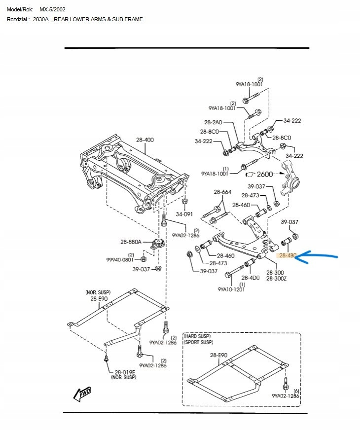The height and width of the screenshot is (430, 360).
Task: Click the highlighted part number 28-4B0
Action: coord(288,255)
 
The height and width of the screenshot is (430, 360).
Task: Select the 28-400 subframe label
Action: coord(144,140)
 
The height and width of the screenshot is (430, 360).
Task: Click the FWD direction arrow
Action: coord(81,393)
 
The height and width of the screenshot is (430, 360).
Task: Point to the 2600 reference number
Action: coord(264,174)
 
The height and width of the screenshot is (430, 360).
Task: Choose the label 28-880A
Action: coord(131,242)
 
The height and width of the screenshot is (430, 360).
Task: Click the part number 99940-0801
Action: coord(120,259)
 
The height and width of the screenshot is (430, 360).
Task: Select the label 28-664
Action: coord(222,192)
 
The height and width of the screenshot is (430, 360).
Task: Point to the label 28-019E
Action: coord(125,372)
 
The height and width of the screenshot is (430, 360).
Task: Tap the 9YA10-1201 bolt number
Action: coord(231,289)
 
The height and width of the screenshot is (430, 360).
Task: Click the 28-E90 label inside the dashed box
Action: coord(218,355)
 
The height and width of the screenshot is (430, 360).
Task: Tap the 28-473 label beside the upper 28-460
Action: coord(250,195)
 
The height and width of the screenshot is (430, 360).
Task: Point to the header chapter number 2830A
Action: coord(41,19)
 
